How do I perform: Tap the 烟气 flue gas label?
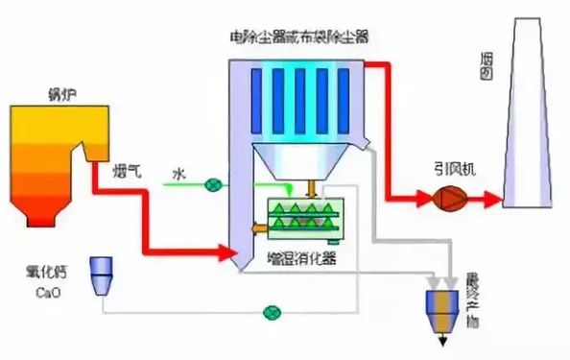(128, 171)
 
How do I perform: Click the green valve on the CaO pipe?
(273, 313)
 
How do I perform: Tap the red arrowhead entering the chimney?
(493, 200)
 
